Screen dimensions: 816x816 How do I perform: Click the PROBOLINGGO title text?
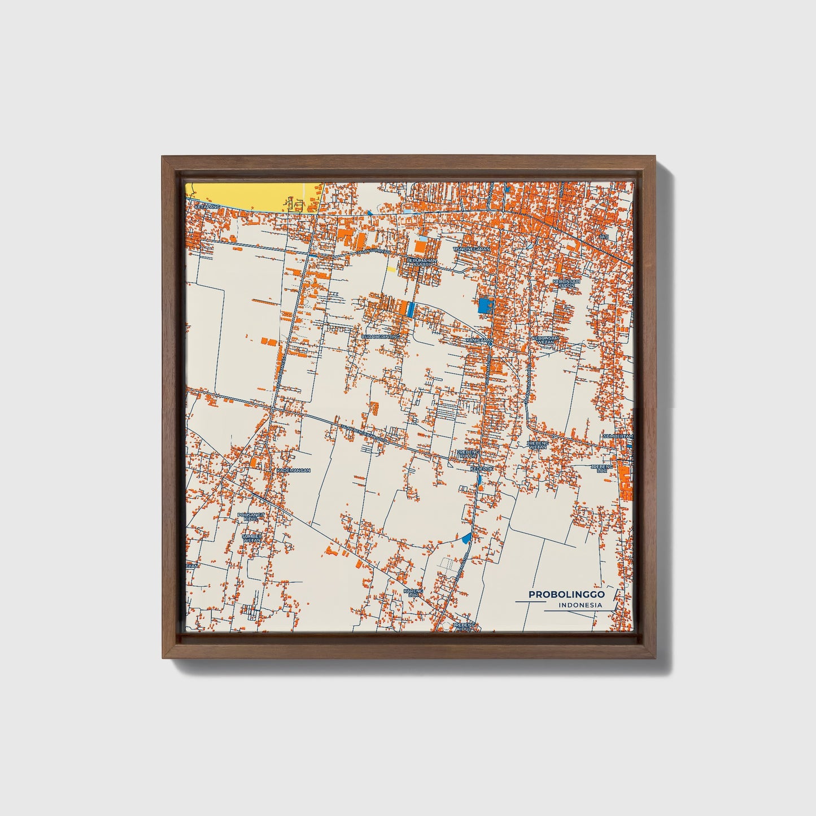[566, 595]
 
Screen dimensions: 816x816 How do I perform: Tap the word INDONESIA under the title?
[580, 605]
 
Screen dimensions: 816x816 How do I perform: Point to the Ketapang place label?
[206, 207]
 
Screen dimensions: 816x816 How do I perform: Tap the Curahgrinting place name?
[380, 337]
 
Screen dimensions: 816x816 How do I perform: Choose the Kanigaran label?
[477, 341]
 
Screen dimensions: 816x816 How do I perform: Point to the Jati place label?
[604, 236]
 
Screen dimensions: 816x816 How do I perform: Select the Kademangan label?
[293, 470]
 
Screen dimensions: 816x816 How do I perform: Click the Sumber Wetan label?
[252, 538]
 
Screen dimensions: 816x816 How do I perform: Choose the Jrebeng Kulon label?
[468, 454]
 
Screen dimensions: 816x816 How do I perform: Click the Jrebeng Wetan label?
[538, 445]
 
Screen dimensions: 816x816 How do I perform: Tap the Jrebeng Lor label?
[602, 468]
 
